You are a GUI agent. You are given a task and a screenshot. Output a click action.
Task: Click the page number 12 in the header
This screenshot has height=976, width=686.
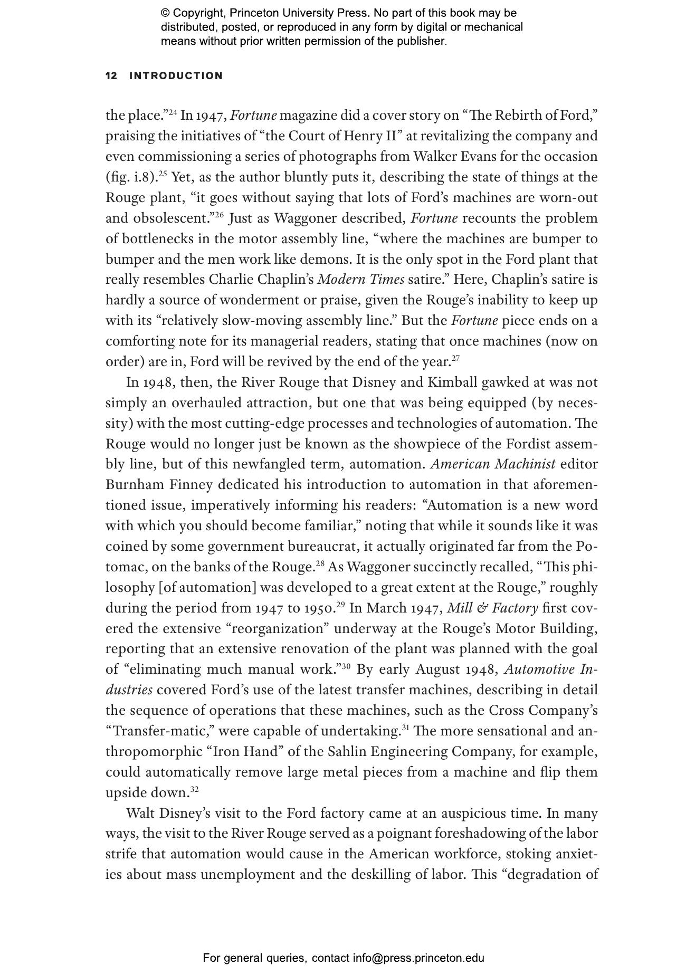[x=111, y=76]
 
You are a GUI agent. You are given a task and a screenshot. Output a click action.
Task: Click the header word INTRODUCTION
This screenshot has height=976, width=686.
[x=176, y=76]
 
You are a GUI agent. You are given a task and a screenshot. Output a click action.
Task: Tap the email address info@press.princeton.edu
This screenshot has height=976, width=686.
[x=418, y=958]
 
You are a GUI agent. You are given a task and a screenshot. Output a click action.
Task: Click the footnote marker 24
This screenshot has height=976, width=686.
[x=173, y=112]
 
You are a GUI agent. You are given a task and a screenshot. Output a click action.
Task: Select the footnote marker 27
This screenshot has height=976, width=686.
[x=455, y=359]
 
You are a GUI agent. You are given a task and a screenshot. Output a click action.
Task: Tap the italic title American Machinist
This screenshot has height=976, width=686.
[x=493, y=464]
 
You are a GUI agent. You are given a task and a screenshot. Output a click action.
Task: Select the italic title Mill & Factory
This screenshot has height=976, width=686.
[x=492, y=608]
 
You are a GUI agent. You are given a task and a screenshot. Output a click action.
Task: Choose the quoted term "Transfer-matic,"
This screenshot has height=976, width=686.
[x=159, y=731]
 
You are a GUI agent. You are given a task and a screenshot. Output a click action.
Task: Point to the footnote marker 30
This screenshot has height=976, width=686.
[x=346, y=666]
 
